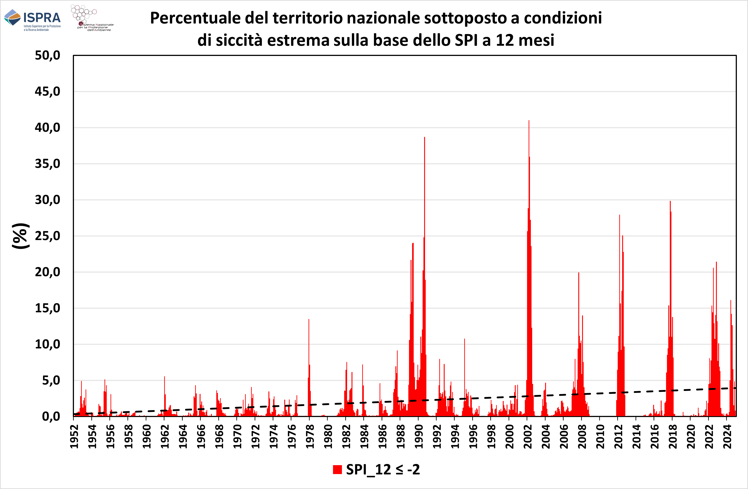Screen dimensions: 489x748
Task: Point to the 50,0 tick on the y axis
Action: click(x=47, y=56)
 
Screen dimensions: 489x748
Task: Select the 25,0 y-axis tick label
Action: click(x=47, y=236)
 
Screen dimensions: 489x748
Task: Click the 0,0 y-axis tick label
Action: click(x=51, y=416)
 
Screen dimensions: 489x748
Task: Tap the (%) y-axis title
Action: click(x=20, y=236)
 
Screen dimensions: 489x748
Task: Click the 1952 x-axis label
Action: click(x=74, y=437)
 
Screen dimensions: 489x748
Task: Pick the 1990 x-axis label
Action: click(x=418, y=437)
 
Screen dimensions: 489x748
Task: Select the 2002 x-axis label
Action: click(x=527, y=437)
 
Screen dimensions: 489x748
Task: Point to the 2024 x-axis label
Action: click(x=727, y=437)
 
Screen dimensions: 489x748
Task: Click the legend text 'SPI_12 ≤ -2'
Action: click(x=383, y=470)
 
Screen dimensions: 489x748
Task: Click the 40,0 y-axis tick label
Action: click(x=47, y=128)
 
